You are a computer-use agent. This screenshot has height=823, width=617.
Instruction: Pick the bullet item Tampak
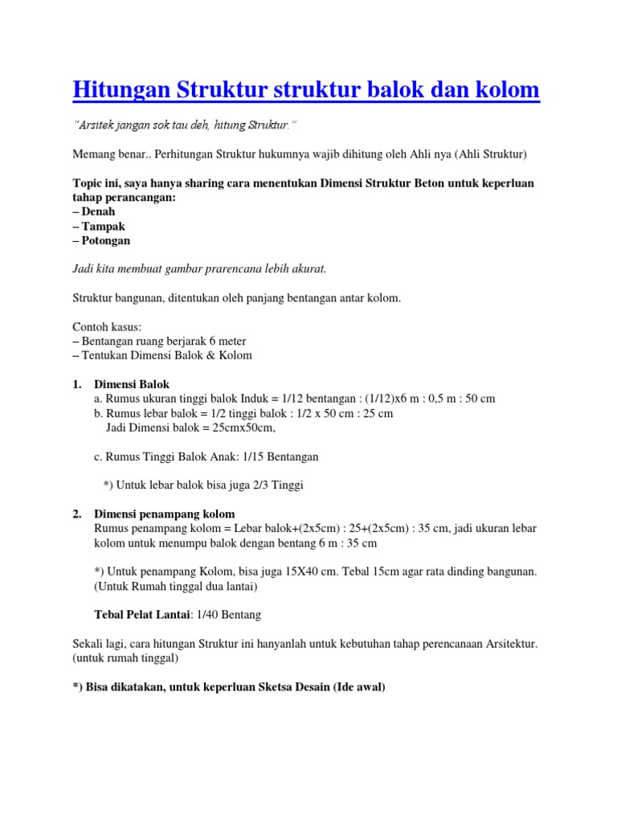click(104, 226)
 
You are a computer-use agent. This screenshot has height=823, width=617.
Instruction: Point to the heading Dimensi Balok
click(132, 383)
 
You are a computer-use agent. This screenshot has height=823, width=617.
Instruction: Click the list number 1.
click(77, 383)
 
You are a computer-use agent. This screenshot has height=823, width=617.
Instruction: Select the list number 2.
click(77, 514)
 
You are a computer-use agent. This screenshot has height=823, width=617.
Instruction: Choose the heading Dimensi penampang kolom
click(165, 514)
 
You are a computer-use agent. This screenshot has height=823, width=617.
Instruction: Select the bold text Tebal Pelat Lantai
click(141, 615)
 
